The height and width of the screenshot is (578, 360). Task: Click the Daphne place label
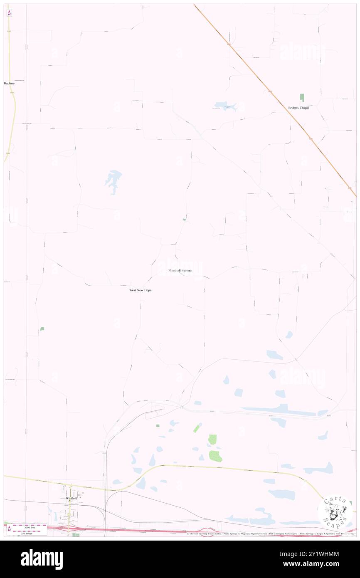pyautogui.click(x=9, y=83)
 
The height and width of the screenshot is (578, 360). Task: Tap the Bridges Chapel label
pyautogui.click(x=299, y=108)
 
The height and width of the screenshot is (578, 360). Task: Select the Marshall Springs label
pyautogui.click(x=180, y=270)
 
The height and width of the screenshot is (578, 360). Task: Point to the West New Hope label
pyautogui.click(x=140, y=290)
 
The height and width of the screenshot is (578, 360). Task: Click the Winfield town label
pyautogui.click(x=72, y=498)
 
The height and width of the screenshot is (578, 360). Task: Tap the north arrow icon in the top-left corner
pyautogui.click(x=9, y=13)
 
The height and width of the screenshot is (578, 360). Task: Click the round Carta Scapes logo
pyautogui.click(x=335, y=511)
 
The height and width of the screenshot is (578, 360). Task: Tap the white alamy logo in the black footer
pyautogui.click(x=42, y=559)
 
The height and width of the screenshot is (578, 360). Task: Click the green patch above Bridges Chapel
pyautogui.click(x=302, y=98)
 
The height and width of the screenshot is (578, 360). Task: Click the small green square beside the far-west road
pyautogui.click(x=42, y=329)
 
